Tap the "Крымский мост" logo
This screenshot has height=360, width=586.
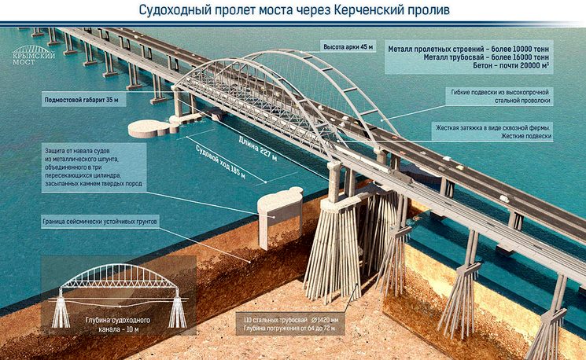click(x=34, y=55)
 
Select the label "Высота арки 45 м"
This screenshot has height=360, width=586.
click(x=348, y=47)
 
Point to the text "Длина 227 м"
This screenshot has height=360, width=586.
click(x=258, y=149)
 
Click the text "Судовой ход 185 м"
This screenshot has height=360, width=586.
click(x=220, y=162)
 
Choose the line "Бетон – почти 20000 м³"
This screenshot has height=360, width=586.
click(x=510, y=66)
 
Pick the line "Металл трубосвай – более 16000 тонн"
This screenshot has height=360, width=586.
click(x=486, y=57)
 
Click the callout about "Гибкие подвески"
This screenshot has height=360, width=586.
click(x=499, y=97)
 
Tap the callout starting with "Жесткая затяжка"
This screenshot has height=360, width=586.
click(x=493, y=132)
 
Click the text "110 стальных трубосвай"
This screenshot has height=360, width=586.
click(x=275, y=320)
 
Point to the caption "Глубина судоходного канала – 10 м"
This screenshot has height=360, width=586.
click(x=118, y=325)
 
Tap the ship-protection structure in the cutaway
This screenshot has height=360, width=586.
click(x=280, y=217)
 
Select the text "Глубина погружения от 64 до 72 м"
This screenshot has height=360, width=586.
click(x=289, y=329)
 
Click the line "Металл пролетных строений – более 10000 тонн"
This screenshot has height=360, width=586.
click(x=468, y=49)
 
